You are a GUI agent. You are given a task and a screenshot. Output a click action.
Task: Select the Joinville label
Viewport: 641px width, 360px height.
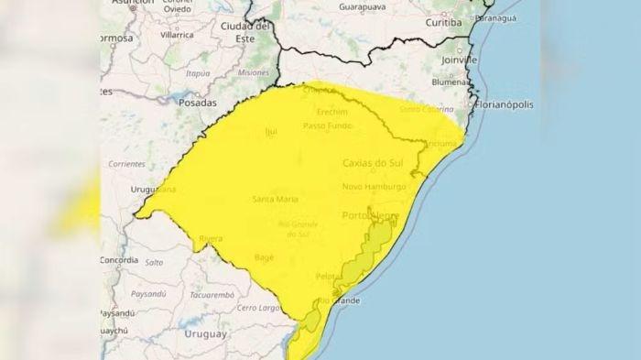tap(458, 60)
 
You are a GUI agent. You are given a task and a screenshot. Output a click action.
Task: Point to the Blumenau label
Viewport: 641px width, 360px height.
tap(451, 82)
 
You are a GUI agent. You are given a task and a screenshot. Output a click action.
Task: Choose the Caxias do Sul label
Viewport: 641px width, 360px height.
tap(373, 163)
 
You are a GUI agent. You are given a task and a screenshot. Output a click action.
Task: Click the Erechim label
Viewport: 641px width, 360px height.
tap(331, 110)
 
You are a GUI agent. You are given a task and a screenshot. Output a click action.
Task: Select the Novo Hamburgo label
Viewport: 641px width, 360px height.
tap(374, 187)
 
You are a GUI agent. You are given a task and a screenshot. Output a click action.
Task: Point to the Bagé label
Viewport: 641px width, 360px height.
tap(265, 257)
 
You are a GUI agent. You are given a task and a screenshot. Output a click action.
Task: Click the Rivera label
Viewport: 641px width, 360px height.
tap(210, 238)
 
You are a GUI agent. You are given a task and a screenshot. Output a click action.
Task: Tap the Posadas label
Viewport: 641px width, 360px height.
tap(197, 104)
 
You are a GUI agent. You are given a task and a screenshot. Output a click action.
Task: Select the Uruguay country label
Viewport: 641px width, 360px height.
tap(205, 333)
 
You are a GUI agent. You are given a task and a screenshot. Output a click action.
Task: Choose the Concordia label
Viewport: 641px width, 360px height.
tap(118, 260)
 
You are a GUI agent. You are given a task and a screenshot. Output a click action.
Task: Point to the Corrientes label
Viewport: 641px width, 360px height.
tap(125, 164)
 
